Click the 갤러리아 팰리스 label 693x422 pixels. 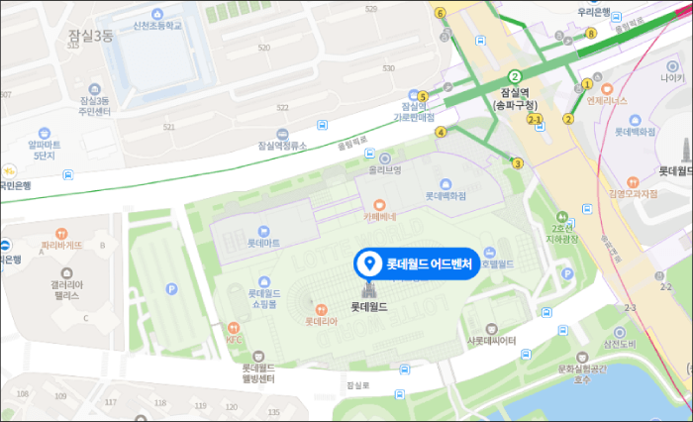pyautogui.click(x=66, y=289)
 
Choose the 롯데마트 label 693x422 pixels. pyautogui.click(x=263, y=242)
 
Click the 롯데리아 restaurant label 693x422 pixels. pyautogui.click(x=322, y=320)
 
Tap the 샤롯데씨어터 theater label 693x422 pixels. pyautogui.click(x=491, y=340)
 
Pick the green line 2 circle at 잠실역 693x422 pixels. pyautogui.click(x=515, y=76)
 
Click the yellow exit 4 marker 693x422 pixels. pyautogui.click(x=441, y=132)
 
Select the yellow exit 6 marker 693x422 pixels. pyautogui.click(x=440, y=12)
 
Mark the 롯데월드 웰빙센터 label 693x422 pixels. pyautogui.click(x=258, y=372)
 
